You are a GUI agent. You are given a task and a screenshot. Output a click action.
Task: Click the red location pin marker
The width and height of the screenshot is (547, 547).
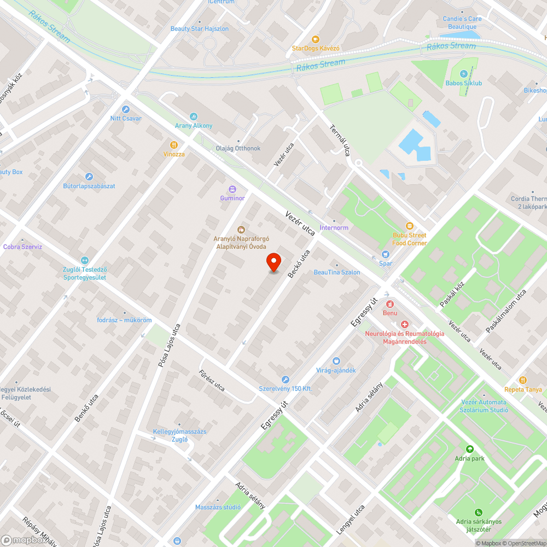tap(273, 262)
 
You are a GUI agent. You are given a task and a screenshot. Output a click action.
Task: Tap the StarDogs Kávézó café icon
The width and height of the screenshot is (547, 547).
tap(315, 39)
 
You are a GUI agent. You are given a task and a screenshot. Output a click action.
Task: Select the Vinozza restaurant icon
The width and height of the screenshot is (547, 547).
tap(174, 145)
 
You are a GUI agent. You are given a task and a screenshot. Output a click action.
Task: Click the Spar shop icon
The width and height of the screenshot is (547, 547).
tap(386, 254)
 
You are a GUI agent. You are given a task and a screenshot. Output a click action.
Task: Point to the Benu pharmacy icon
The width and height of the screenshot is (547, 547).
tap(390, 304)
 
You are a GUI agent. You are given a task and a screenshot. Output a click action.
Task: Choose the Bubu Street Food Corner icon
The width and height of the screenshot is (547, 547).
tap(409, 226)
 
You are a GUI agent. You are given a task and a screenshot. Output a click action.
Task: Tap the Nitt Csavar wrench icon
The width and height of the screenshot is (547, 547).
tap(126, 109)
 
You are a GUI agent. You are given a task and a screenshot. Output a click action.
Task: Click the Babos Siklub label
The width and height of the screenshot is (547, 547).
tap(464, 83)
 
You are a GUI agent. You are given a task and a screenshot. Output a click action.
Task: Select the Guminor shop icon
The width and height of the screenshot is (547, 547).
tap(232, 189)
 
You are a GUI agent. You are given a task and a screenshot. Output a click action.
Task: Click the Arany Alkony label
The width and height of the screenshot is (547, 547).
tap(194, 126)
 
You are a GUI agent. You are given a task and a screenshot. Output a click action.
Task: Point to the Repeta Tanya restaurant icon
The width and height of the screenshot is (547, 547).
tap(523, 380)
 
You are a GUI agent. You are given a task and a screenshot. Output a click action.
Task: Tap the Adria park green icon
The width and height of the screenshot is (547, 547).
tap(469, 449)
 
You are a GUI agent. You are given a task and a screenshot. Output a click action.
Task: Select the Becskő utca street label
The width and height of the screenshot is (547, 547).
tap(299, 264)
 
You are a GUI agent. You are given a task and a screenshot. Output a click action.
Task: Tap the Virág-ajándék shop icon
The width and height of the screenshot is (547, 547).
tap(336, 360)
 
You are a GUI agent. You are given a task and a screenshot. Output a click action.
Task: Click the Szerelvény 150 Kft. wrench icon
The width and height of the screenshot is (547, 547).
tap(285, 380)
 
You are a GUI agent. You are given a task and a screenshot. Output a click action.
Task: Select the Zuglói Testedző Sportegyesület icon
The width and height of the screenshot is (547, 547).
tap(84, 261)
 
